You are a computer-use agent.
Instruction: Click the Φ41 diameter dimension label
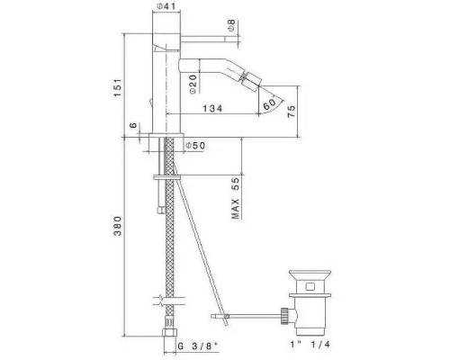click(166, 5)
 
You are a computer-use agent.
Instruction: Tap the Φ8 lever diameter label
click(231, 25)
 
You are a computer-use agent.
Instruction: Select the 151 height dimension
click(117, 87)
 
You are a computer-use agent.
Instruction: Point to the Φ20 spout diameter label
click(193, 85)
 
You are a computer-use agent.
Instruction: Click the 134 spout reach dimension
click(212, 108)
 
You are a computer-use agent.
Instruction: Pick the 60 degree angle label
click(269, 103)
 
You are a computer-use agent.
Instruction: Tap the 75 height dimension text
click(292, 111)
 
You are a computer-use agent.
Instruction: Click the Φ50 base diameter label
click(195, 146)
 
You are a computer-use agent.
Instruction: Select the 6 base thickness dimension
click(133, 125)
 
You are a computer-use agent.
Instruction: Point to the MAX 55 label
click(236, 198)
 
